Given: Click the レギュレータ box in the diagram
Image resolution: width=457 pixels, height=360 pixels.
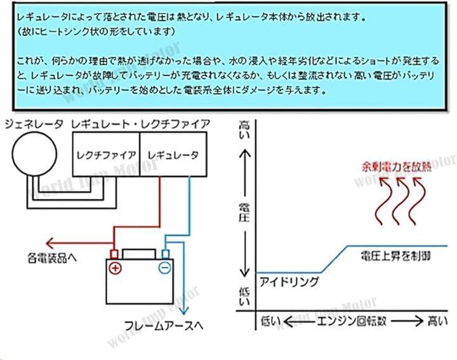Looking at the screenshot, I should (173, 154).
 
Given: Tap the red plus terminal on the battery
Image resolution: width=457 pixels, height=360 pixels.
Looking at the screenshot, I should (116, 267).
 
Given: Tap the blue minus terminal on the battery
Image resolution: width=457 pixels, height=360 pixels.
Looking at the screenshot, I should (164, 267).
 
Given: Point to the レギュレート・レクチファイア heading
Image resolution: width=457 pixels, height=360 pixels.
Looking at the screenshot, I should (141, 124).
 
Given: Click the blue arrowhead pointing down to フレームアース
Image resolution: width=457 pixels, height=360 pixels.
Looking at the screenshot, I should (185, 311).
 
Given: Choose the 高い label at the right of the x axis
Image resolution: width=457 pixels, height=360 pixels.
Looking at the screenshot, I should (437, 321).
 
